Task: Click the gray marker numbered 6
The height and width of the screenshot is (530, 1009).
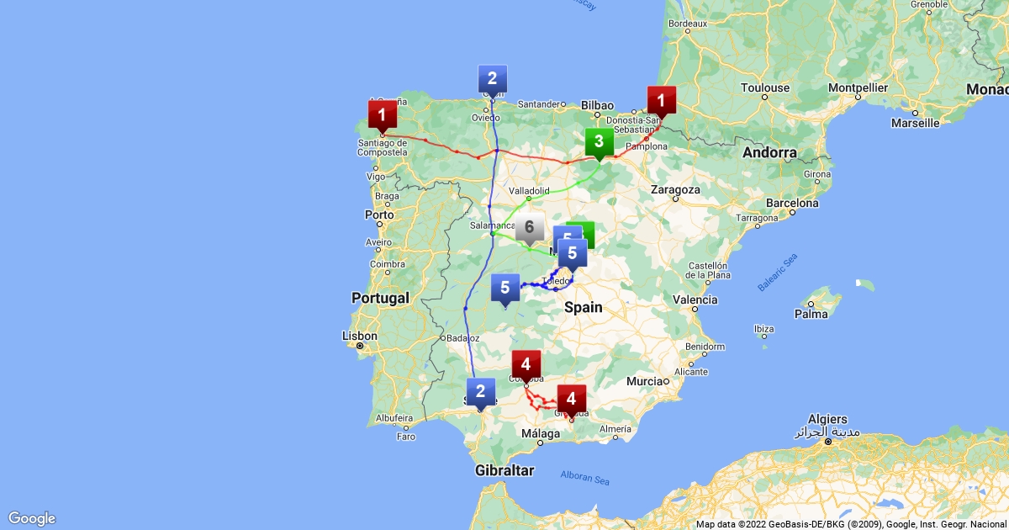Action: pos(529,227)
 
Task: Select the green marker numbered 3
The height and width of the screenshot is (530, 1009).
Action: pos(599,141)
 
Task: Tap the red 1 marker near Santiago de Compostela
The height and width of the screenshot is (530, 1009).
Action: pos(382,113)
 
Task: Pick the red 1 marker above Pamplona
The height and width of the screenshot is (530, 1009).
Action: pos(661,101)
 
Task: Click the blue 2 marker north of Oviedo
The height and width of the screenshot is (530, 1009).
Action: pos(492,79)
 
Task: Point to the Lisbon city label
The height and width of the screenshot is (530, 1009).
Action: pos(359,336)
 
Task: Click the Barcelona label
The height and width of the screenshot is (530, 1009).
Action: pos(790,203)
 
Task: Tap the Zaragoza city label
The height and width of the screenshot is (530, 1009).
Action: pos(675,190)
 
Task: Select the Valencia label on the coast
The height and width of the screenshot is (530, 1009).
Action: pos(695,299)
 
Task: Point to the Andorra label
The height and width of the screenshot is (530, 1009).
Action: pos(769,153)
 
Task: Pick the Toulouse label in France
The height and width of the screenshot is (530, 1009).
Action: pos(765,87)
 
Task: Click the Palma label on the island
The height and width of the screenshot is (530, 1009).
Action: pos(812,315)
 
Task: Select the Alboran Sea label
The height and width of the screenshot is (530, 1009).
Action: pos(584,480)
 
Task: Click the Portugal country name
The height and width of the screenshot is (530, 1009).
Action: pos(381,298)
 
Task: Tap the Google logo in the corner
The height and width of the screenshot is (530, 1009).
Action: pos(32,518)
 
